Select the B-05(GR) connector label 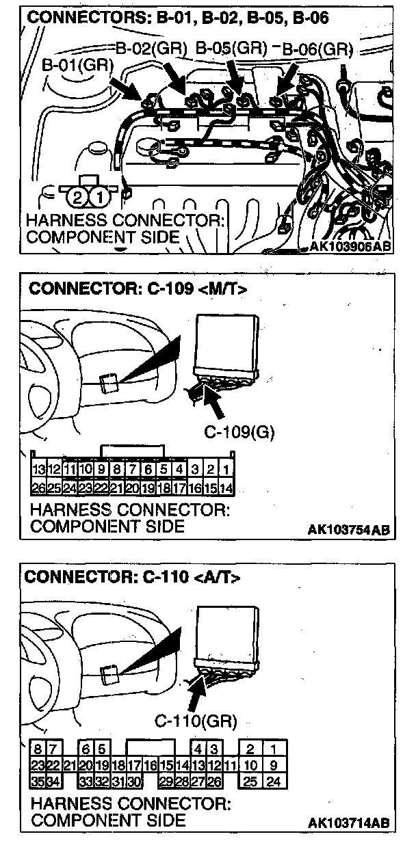point(231,49)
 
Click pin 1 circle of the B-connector point(99,198)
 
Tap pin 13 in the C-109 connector point(39,470)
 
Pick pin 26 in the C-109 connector point(39,488)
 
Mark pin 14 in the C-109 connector point(226,488)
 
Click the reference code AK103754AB point(348,529)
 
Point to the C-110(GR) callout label point(196,721)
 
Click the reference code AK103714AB point(348,822)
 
